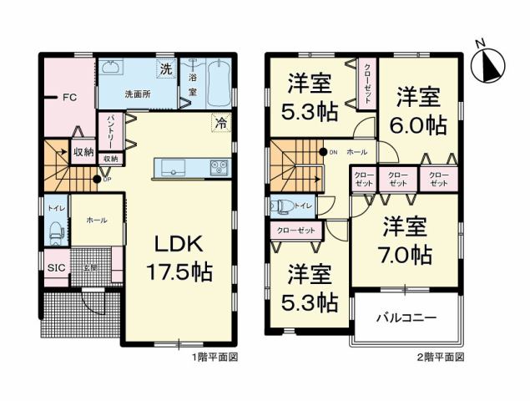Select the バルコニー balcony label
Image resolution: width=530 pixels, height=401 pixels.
coord(406,317)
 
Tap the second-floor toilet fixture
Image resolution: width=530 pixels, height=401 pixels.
coord(281,206)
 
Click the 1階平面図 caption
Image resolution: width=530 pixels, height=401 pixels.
coord(215,357)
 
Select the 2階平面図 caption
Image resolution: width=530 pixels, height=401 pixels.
coord(441,357)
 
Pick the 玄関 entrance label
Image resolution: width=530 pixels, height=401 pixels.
coord(89,267)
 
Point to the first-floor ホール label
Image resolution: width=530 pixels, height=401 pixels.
coord(96,219)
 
